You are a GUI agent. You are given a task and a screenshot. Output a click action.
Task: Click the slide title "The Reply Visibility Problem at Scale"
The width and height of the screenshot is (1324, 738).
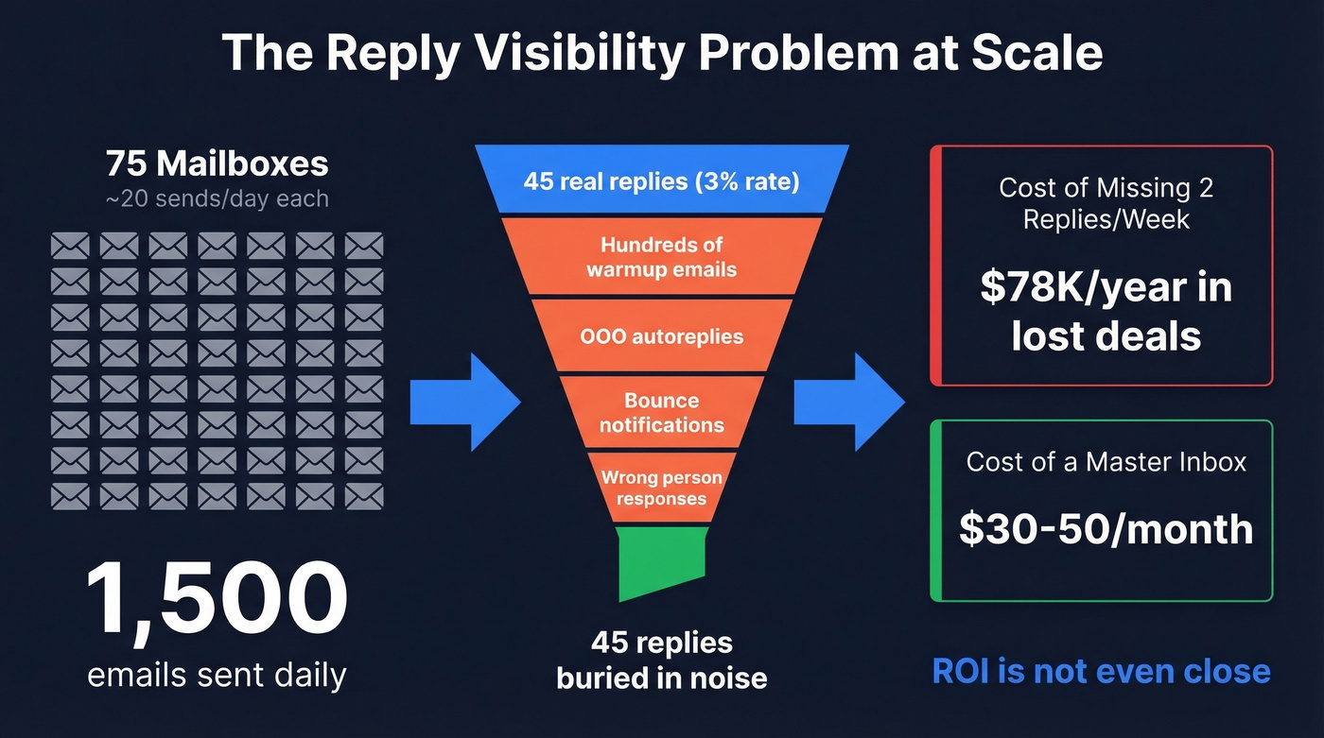pos(662,53)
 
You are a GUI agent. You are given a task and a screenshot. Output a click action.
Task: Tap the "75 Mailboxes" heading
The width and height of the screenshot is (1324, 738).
pos(218,163)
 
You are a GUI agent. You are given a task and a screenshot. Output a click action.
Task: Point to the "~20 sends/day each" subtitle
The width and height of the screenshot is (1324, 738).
pos(218,198)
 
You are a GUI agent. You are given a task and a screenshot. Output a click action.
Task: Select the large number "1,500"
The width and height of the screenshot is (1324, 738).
pos(218,599)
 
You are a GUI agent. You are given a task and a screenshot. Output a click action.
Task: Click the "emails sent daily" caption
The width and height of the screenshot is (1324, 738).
pos(218,675)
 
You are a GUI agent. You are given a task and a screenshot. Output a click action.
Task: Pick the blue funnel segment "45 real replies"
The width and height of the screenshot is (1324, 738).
pos(662,180)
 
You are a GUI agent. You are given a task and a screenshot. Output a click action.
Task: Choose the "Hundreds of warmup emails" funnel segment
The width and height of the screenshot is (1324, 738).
pos(662,257)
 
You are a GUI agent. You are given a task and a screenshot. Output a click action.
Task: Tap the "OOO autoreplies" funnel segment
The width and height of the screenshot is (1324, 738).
pos(662,336)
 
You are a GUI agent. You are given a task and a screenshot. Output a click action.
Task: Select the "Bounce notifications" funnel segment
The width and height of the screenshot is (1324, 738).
pos(662,413)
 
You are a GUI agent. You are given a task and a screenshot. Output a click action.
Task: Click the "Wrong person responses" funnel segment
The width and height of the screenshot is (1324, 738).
pos(662,488)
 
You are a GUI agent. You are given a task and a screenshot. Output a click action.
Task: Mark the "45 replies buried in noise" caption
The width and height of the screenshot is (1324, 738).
pos(662,660)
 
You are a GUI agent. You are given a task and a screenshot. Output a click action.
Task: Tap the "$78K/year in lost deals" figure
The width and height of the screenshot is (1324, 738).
pos(1106,311)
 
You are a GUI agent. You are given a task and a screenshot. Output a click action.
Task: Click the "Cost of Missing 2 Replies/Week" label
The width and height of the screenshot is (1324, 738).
pos(1106,203)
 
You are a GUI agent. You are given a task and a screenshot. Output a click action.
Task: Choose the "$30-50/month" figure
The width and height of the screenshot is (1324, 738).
pos(1106,528)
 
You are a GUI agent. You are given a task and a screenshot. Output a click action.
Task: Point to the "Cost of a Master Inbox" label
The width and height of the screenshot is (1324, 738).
pos(1106,461)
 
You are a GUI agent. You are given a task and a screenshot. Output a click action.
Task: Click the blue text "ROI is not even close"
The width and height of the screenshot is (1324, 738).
pos(1101,671)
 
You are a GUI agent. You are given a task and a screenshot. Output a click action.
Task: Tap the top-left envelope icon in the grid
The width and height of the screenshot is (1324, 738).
pos(70,246)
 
